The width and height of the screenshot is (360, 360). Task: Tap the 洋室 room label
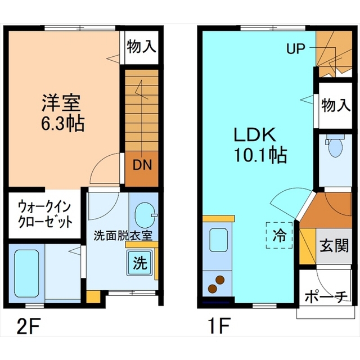61,103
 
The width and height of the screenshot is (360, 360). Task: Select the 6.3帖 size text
62,124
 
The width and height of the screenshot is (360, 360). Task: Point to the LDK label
255,135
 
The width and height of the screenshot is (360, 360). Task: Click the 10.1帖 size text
260,155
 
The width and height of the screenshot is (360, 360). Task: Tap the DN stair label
142,165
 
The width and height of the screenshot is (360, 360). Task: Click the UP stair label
296,49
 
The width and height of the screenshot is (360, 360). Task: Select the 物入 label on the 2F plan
142,46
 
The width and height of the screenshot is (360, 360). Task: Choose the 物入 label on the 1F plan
336,105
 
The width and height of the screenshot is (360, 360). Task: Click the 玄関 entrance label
334,245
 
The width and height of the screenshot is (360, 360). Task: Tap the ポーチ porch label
326,297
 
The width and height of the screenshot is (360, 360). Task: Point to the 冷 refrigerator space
280,235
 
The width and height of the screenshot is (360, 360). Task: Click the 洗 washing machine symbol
140,263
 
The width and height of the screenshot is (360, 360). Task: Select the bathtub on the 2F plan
26,274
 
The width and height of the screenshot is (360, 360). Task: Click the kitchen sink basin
219,240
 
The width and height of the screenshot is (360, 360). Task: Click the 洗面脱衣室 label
123,236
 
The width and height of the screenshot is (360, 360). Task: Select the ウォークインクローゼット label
45,214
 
